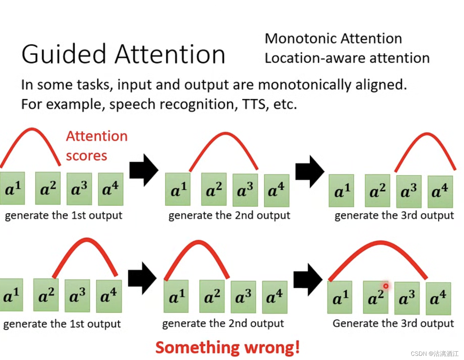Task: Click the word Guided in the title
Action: (64, 55)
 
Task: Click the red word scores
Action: (86, 156)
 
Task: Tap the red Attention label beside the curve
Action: (97, 136)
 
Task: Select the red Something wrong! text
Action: (227, 347)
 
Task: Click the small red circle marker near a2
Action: (386, 286)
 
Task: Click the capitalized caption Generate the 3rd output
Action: (393, 323)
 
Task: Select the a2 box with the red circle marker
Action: (375, 298)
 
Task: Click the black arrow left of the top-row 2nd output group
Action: (143, 170)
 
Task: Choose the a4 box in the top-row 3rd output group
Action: (440, 192)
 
